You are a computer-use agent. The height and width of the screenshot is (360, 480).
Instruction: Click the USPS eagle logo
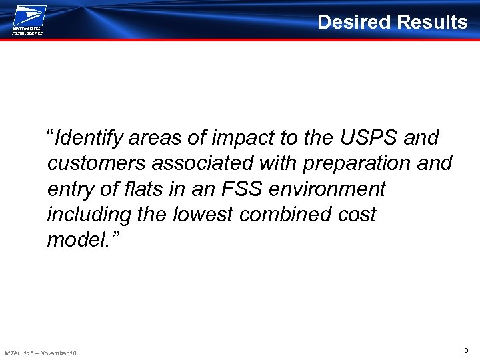[29, 15]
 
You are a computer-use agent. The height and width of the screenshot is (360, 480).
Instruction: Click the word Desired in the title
[354, 22]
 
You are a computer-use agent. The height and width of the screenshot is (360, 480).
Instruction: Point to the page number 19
[464, 350]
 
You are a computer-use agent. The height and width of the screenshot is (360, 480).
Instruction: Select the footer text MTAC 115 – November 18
[40, 353]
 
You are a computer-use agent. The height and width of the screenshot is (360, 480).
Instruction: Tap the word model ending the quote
[74, 239]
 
